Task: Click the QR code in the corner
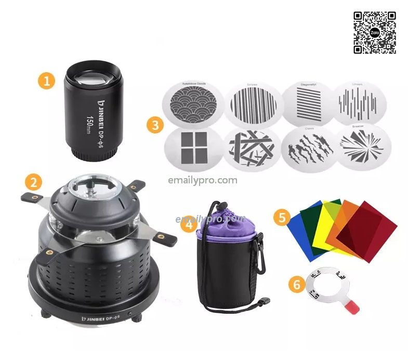point(375,32)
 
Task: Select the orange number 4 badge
point(190,224)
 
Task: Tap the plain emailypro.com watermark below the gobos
point(203,180)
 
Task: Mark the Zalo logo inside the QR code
point(375,32)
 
